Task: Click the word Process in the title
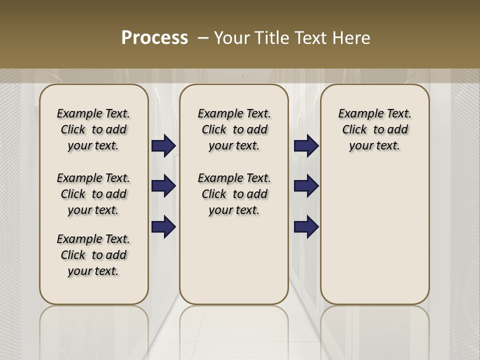pyautogui.click(x=154, y=37)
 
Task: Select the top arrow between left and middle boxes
pyautogui.click(x=163, y=145)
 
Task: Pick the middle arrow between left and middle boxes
pyautogui.click(x=163, y=186)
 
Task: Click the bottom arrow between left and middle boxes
pyautogui.click(x=163, y=226)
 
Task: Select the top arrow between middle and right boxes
pyautogui.click(x=306, y=145)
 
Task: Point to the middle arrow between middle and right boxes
pyautogui.click(x=306, y=186)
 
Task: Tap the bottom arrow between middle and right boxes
pyautogui.click(x=306, y=226)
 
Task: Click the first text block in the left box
pyautogui.click(x=93, y=129)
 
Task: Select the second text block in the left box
pyautogui.click(x=93, y=194)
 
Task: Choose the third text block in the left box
pyautogui.click(x=93, y=255)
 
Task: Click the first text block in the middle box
pyautogui.click(x=234, y=129)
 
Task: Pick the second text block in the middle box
pyautogui.click(x=234, y=194)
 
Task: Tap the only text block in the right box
pyautogui.click(x=374, y=129)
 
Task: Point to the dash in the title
pyautogui.click(x=203, y=37)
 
